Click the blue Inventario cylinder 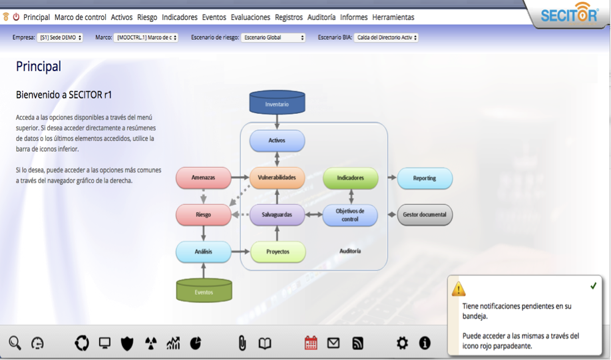tap(277, 104)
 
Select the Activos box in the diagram tap(277, 140)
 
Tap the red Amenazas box tap(203, 178)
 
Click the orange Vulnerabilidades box tap(277, 178)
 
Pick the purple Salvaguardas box tap(277, 214)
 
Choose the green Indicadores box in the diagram tap(350, 178)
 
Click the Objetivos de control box tap(350, 214)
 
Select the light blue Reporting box tap(424, 178)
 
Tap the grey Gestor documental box tap(424, 214)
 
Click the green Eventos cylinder tap(204, 291)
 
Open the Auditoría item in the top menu tap(321, 17)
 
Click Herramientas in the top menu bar tap(393, 17)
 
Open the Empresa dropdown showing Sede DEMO tap(61, 38)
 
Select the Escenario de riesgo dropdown tap(274, 38)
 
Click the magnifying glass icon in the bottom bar tap(15, 343)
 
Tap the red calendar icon tap(311, 343)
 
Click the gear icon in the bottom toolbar tap(402, 343)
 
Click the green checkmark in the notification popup tap(593, 285)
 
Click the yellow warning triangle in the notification tap(459, 289)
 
